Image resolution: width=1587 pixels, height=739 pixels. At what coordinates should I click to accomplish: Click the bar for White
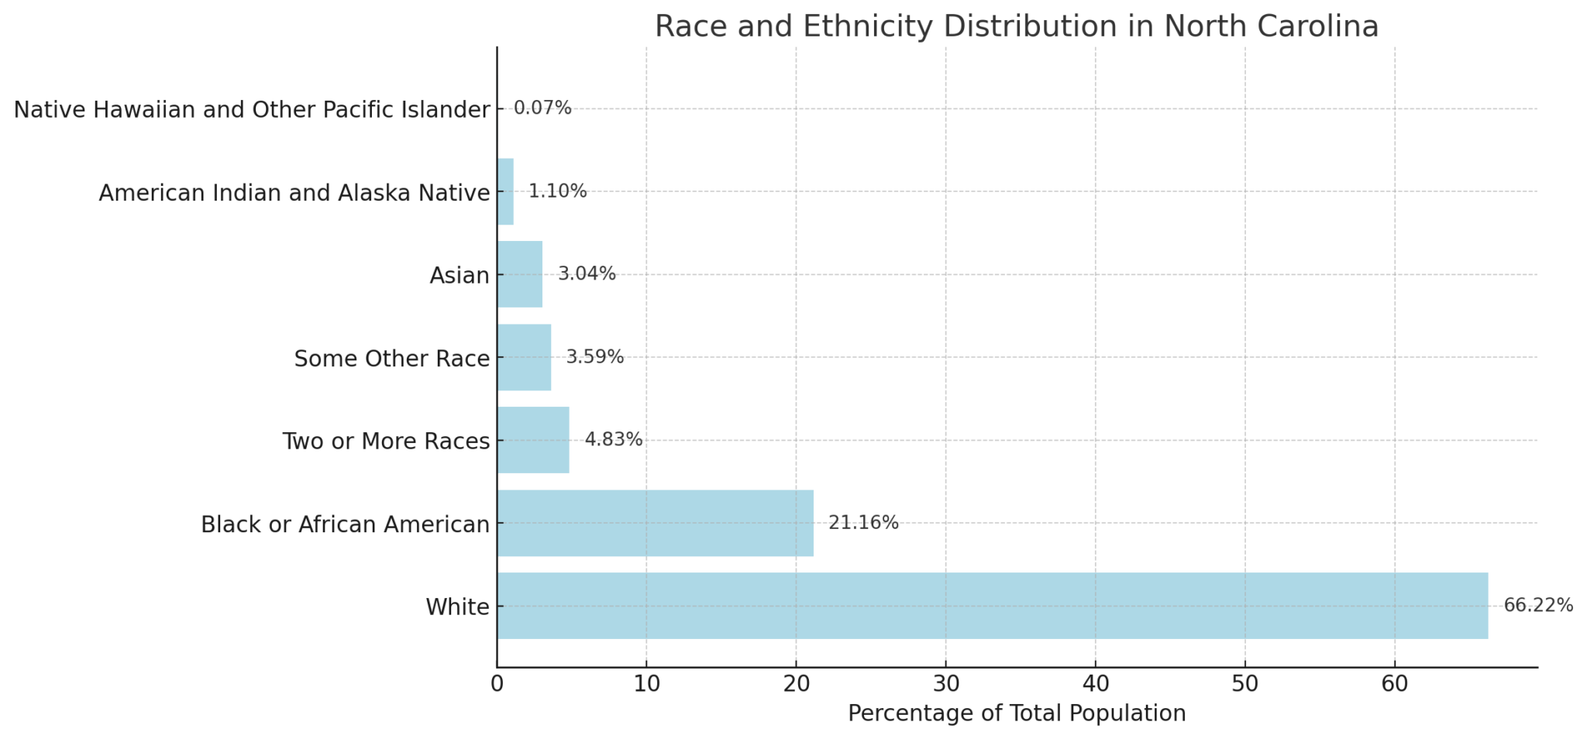coord(992,606)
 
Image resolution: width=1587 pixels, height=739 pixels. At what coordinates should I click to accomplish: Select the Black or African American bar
coord(655,523)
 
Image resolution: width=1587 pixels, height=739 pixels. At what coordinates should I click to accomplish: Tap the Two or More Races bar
coord(533,440)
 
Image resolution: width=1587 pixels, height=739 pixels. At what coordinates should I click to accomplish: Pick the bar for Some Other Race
coord(524,357)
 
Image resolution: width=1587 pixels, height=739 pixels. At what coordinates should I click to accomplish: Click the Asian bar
coord(520,274)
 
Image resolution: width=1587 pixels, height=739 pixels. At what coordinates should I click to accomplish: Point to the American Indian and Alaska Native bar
coord(505,191)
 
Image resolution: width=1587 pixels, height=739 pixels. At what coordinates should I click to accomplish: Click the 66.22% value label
coord(1538,606)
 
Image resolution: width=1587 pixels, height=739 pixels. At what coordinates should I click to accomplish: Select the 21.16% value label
coord(863,523)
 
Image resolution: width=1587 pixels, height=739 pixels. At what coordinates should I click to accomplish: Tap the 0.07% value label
coord(542,108)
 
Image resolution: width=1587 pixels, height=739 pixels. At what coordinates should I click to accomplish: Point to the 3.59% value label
coord(594,357)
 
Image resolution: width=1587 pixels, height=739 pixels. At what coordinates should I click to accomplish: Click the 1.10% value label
coord(557,191)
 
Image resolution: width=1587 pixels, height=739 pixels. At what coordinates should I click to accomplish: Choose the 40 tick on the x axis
coord(1095,685)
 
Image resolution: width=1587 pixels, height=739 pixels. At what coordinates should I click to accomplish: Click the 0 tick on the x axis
coord(497,685)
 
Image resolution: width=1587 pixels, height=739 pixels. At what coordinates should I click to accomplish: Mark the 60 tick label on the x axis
coord(1394,685)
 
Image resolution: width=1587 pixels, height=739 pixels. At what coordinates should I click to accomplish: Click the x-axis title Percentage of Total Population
coord(1017,713)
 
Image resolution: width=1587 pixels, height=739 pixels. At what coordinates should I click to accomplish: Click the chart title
coord(1017,26)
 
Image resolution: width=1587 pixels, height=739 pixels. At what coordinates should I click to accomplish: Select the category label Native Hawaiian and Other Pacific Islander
coord(252,110)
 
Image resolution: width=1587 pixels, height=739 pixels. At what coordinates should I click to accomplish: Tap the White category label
coord(457,607)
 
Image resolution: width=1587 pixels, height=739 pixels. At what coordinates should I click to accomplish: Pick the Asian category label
coord(460,276)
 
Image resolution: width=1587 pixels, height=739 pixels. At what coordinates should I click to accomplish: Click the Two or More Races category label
coord(386,442)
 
